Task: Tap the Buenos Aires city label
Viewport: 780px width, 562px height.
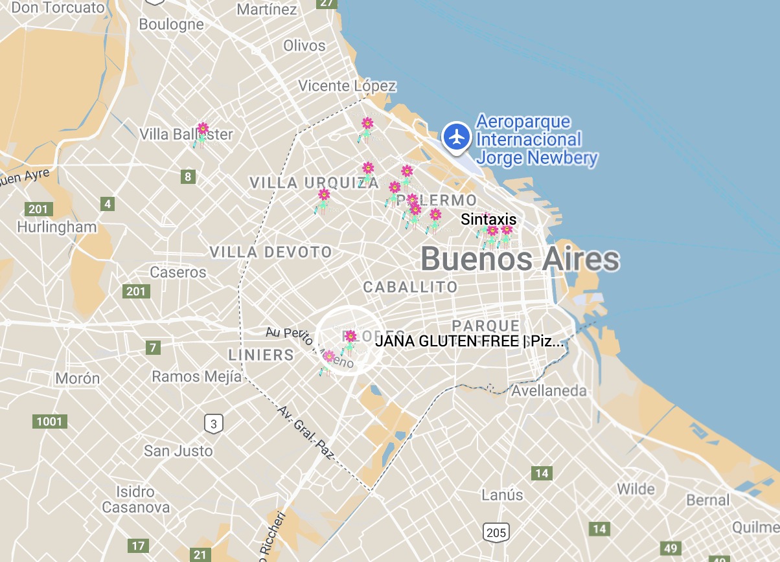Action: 520,260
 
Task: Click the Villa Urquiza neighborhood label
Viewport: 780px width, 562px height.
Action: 314,183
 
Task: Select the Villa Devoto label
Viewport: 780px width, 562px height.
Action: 271,252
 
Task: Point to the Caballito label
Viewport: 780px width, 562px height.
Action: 410,287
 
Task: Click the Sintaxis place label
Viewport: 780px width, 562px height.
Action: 488,219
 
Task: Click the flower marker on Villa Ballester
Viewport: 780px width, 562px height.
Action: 203,129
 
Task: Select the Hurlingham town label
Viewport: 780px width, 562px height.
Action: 57,227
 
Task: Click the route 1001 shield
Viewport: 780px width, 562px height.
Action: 50,422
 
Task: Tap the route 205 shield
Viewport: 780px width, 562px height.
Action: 496,533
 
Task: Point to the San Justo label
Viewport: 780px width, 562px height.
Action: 178,451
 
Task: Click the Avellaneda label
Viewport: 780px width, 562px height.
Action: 549,391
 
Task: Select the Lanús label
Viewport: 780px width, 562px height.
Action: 502,495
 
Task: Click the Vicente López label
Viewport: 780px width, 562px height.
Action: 347,85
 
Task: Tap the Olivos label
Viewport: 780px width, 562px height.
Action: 304,46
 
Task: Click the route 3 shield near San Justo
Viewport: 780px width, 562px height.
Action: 214,424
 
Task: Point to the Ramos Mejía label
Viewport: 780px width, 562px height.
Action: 196,376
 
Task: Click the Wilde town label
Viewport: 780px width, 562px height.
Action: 636,488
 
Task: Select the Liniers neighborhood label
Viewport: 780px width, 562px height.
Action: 261,355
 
